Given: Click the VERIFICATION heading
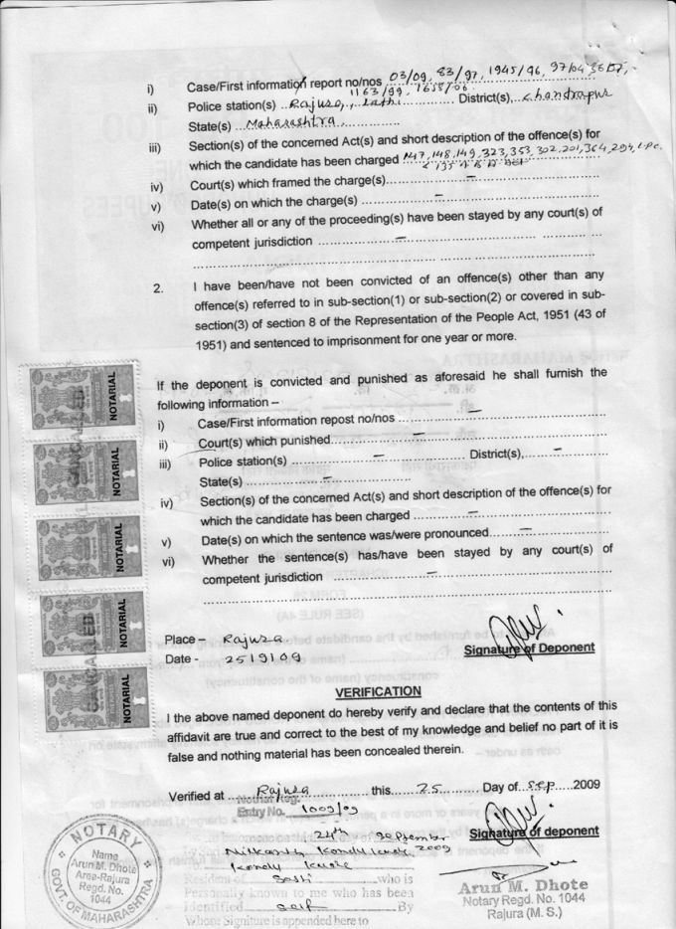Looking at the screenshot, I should tap(378, 691).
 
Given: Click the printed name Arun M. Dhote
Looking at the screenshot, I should tap(524, 884).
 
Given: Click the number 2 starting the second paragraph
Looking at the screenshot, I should tap(157, 289).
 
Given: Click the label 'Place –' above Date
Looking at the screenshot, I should tap(185, 639).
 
